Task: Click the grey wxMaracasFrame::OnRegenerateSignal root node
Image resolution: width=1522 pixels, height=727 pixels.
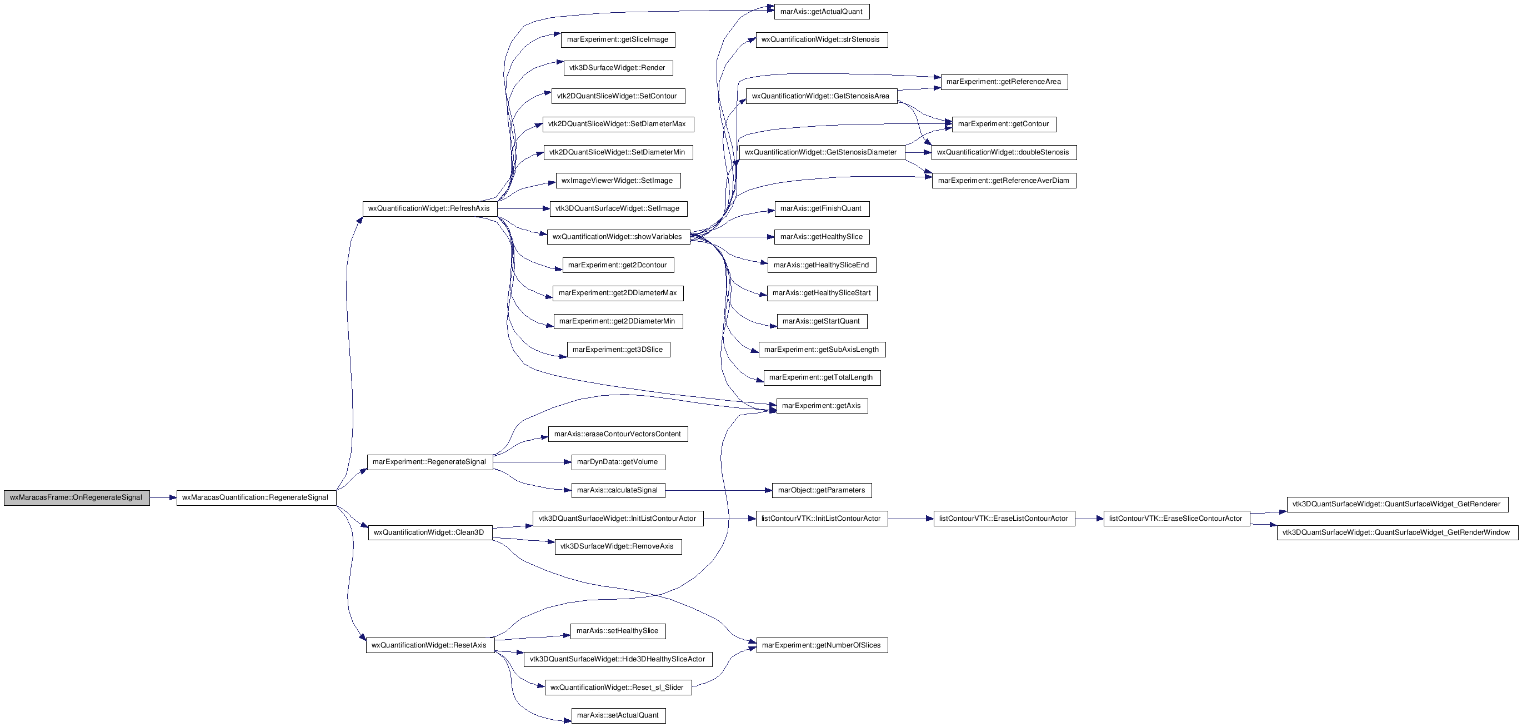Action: [x=77, y=497]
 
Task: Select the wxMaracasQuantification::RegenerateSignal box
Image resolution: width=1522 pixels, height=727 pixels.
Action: [x=257, y=497]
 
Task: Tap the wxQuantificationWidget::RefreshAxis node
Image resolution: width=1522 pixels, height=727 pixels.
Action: [x=429, y=208]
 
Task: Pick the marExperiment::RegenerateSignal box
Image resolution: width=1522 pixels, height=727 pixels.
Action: [x=429, y=462]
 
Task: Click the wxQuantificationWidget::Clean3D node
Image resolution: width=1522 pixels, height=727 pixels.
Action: [x=429, y=532]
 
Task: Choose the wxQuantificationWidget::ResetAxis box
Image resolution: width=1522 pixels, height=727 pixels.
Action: [x=429, y=645]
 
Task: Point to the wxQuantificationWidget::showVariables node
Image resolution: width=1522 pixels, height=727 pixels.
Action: [x=618, y=237]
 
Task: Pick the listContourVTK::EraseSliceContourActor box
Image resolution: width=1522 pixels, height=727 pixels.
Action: [x=1176, y=519]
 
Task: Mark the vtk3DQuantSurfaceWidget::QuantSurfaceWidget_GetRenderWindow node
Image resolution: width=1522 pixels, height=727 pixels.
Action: [x=1397, y=532]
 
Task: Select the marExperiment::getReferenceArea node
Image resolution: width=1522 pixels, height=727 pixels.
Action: [x=1004, y=82]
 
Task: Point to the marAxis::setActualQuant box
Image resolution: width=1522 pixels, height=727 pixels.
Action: [x=618, y=716]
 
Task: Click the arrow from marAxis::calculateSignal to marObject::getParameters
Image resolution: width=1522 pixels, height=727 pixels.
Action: [x=718, y=491]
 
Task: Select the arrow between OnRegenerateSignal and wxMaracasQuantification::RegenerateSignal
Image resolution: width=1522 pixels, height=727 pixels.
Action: [x=163, y=497]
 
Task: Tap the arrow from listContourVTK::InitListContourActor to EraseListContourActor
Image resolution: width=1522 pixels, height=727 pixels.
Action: [x=910, y=519]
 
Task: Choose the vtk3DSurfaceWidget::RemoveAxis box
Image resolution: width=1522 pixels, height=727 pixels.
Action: [x=618, y=547]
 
